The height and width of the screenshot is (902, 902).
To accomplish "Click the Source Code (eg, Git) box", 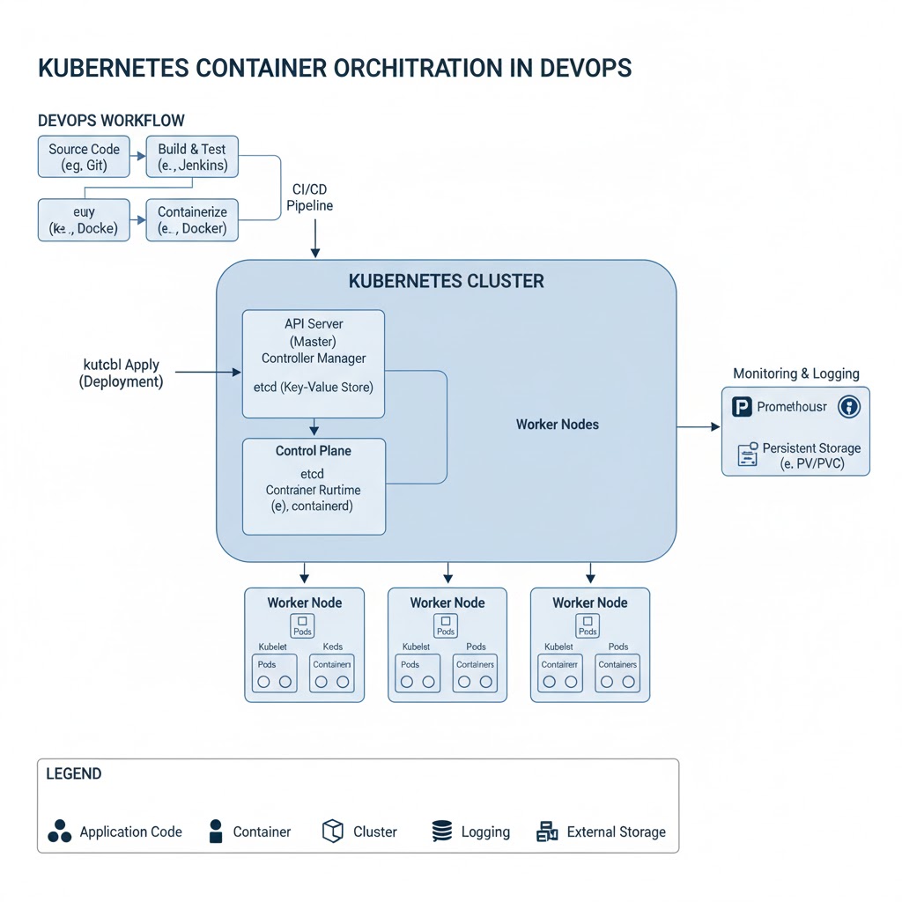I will (84, 157).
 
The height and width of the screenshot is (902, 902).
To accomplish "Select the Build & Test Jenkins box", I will (192, 157).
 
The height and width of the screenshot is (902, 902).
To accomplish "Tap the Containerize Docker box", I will (192, 220).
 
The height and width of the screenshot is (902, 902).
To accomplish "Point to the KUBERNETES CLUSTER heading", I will (446, 282).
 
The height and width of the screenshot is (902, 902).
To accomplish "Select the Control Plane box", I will (313, 486).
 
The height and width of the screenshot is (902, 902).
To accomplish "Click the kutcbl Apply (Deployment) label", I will (121, 373).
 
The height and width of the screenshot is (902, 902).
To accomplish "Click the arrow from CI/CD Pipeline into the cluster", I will (315, 238).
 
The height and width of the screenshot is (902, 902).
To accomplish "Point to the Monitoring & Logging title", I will (795, 373).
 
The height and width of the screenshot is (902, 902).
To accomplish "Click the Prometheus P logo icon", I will (741, 407).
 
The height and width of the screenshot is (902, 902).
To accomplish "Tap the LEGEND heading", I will (73, 774).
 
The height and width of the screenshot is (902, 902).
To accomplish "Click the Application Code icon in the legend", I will (59, 832).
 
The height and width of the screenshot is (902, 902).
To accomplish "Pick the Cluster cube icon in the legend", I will (332, 831).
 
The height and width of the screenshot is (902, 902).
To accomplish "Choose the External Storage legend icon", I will (547, 832).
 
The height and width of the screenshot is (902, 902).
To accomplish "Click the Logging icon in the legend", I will (441, 832).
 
